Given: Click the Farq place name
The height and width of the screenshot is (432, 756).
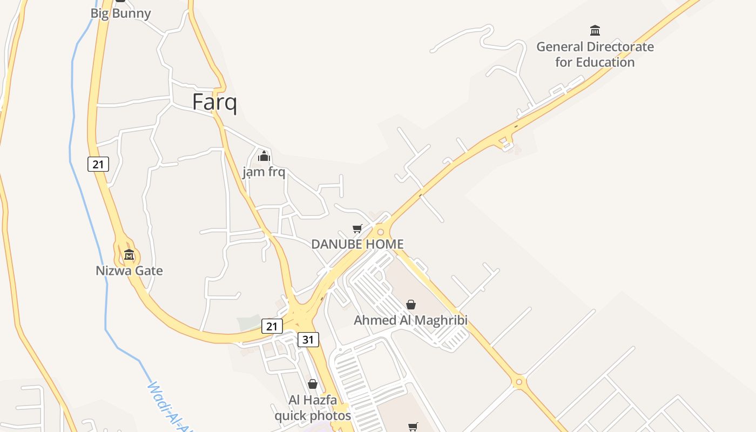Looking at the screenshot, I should pos(214,102).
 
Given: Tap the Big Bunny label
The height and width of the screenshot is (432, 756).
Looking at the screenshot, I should pos(120,13).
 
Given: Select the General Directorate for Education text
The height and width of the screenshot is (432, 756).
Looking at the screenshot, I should pos(595,55).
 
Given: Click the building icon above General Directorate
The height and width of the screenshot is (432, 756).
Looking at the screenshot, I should pos(595,30).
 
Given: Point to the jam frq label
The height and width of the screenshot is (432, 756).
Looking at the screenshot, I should pos(264,172).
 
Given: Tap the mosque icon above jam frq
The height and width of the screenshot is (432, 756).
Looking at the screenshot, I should pos(264,157).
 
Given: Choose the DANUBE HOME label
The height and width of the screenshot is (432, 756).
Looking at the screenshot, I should pos(357,244).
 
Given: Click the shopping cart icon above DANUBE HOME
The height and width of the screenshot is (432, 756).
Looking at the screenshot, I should pos(357,229).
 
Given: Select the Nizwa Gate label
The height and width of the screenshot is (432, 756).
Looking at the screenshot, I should pos(129,271).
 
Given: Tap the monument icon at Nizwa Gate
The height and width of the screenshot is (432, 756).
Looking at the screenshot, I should pos(129,254).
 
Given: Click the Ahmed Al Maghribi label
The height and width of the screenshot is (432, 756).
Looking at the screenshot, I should pos(410,320).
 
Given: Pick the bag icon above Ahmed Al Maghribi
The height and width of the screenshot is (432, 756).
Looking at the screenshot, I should pos(411,305).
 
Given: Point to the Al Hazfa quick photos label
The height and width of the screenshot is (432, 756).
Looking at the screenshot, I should pos(313,408).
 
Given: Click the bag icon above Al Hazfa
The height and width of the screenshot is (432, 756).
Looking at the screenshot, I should pos(313,384).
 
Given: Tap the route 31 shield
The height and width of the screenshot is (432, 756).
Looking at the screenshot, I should pos(308,340).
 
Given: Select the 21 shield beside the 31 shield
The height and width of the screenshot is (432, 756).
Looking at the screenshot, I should pos(272,326).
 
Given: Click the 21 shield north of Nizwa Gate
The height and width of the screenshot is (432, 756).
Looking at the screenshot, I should pos(98,164).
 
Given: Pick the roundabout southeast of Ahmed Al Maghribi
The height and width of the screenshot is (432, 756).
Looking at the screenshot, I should pos(519,382).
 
